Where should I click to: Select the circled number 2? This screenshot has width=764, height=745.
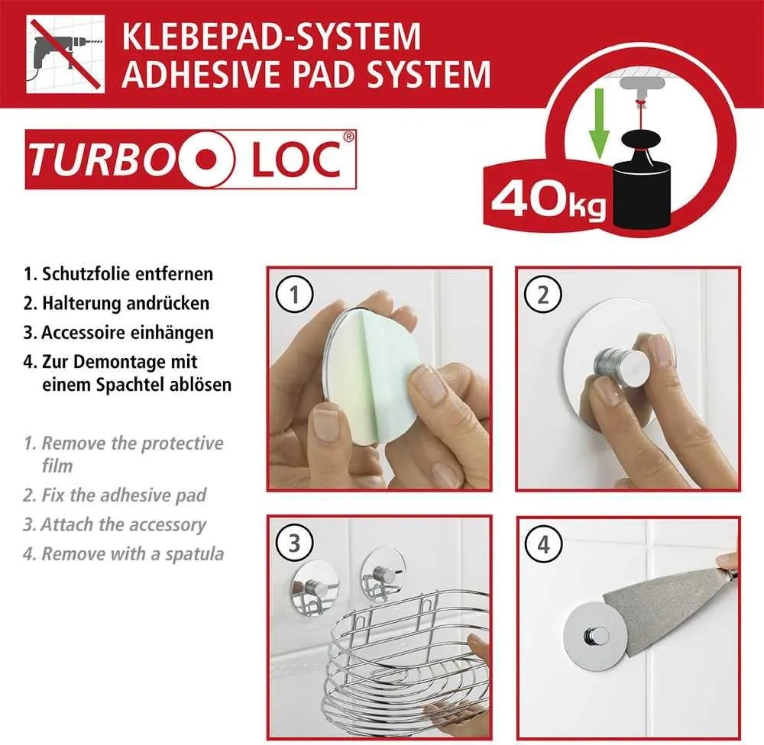coord(542,295)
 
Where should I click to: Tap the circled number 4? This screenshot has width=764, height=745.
coord(542,544)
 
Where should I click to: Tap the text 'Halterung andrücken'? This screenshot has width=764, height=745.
coord(125,303)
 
